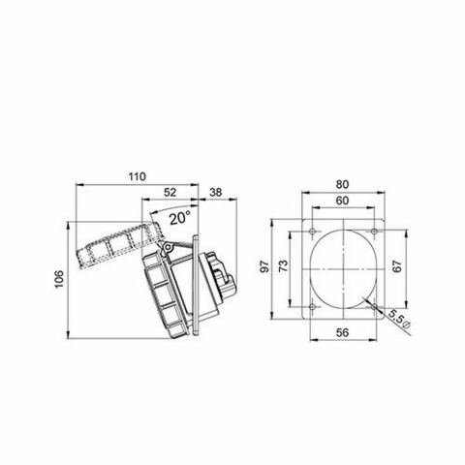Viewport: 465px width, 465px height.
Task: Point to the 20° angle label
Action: pos(177,219)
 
